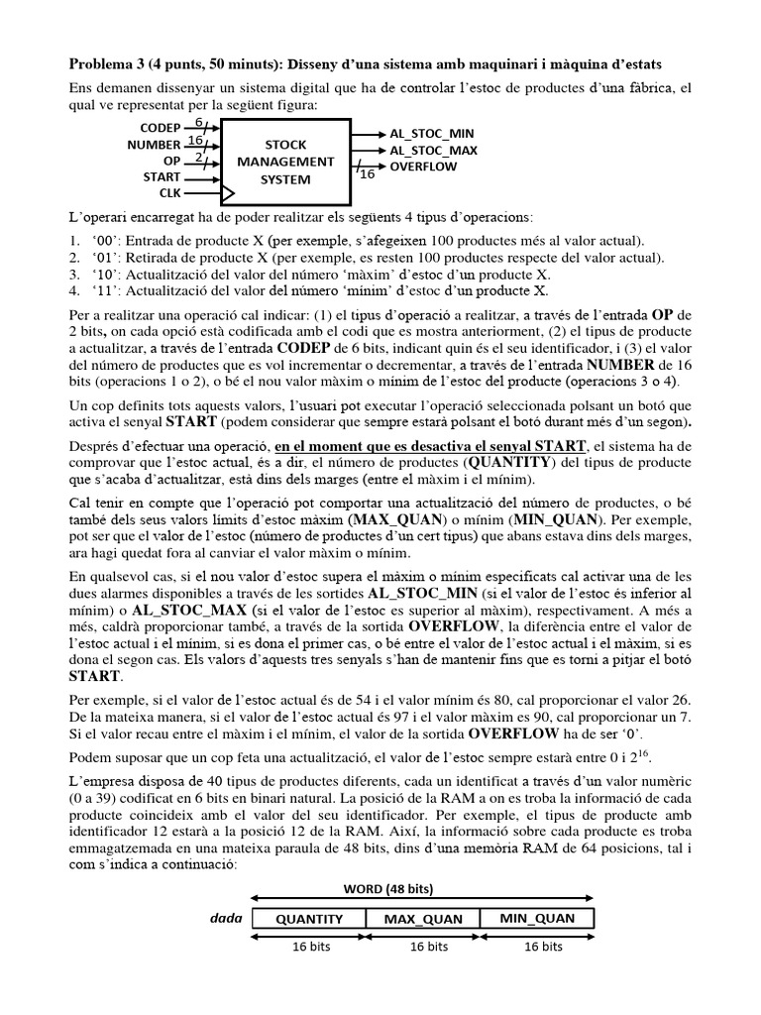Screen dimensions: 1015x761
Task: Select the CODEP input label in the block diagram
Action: click(160, 128)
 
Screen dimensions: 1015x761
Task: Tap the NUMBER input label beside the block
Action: click(154, 144)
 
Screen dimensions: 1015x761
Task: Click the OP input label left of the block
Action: click(170, 160)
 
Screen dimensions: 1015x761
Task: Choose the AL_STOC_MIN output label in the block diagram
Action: click(432, 133)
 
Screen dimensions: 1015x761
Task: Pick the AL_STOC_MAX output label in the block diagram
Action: click(433, 150)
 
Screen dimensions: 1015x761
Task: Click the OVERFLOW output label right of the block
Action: click(423, 167)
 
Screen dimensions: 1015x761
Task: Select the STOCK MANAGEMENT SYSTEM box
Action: click(285, 161)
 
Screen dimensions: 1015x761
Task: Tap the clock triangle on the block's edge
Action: click(227, 192)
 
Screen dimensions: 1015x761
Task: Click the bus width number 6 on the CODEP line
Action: click(198, 122)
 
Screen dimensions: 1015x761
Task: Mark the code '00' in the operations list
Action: click(100, 240)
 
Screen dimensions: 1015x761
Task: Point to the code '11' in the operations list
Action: click(100, 290)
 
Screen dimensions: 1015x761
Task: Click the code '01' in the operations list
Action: click(100, 257)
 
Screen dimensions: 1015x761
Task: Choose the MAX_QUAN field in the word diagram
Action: click(423, 918)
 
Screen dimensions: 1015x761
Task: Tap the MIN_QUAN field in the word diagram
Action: click(537, 918)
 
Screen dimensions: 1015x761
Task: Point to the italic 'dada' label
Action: click(226, 918)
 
